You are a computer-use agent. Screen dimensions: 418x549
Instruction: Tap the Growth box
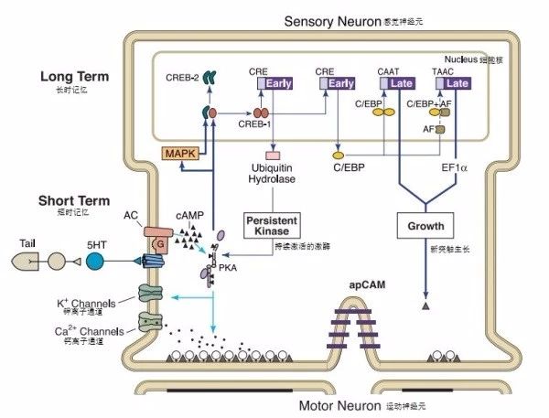[425, 225]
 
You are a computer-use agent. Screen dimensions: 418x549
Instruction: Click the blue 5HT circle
[95, 261]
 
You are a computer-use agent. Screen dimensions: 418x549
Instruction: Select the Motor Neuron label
[337, 405]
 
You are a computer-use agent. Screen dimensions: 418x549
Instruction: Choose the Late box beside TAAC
[458, 83]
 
